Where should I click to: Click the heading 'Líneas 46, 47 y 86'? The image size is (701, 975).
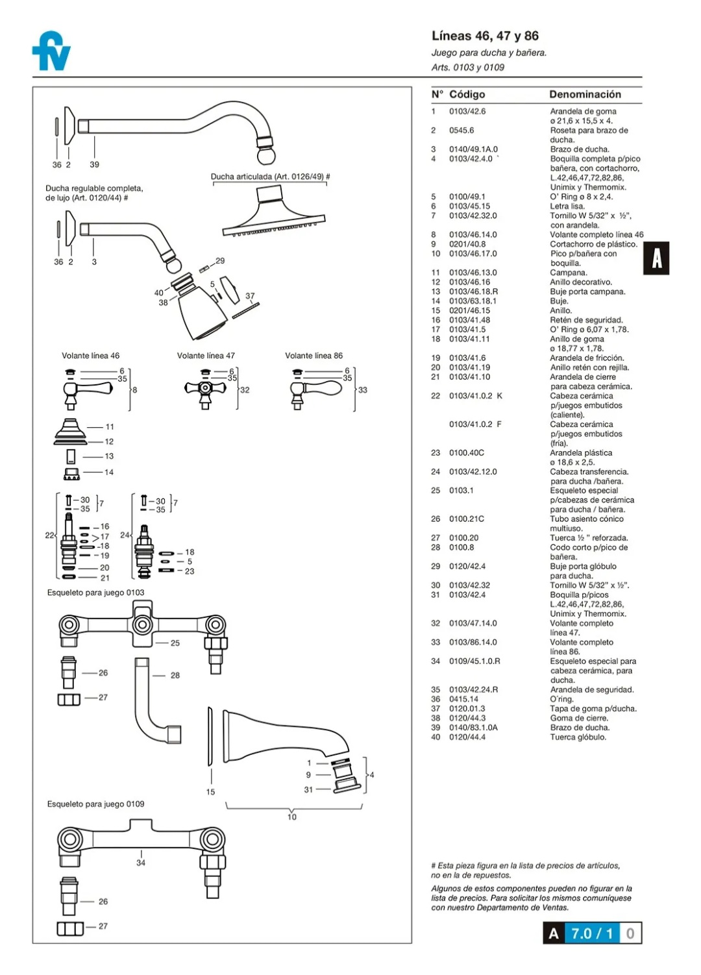click(485, 36)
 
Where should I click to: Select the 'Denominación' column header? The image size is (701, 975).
click(585, 95)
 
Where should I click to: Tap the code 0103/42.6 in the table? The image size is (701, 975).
click(467, 112)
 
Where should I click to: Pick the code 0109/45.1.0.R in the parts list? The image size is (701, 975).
click(474, 661)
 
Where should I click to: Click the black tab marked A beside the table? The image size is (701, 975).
click(656, 258)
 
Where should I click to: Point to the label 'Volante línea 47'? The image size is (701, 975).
click(206, 356)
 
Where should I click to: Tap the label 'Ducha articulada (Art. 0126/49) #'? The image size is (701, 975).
click(270, 177)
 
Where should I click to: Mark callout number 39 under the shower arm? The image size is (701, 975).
click(95, 165)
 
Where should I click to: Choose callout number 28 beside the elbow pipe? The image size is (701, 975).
click(175, 676)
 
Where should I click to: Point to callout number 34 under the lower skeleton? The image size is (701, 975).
click(141, 863)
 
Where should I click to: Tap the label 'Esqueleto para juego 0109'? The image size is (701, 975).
click(95, 804)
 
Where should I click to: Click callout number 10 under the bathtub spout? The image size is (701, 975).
click(292, 817)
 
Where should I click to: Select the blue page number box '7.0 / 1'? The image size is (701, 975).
click(591, 933)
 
